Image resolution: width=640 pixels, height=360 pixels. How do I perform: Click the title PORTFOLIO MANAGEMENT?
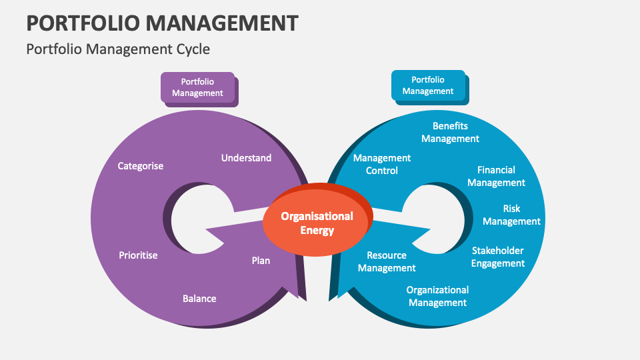tap(162, 23)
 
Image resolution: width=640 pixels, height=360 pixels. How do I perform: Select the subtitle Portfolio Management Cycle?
tap(118, 49)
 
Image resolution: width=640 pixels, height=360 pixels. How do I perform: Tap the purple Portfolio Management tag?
tap(197, 87)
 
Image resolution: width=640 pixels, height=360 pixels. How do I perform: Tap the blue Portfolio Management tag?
tap(428, 85)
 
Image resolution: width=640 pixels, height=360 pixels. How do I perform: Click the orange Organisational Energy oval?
tap(317, 223)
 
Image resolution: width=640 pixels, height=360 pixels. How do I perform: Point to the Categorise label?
tap(140, 166)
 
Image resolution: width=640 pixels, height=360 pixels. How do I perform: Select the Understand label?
tap(246, 158)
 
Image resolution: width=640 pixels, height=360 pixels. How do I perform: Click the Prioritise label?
tap(138, 255)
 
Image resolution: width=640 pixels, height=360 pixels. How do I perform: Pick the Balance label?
tap(199, 299)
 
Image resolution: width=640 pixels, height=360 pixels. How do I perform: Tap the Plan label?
tap(261, 261)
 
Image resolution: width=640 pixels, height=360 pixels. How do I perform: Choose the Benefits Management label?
tap(450, 132)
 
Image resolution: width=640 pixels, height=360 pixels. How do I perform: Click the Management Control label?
tap(382, 164)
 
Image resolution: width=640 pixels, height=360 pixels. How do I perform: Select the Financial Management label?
tap(496, 176)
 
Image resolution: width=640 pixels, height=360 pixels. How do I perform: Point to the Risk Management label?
tap(511, 215)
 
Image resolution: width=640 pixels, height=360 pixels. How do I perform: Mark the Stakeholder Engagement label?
tap(498, 257)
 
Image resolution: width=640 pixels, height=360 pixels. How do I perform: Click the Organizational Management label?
tap(437, 296)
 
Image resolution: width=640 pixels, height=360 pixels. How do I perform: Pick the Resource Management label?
tap(387, 261)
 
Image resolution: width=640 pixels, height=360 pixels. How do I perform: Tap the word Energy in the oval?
tap(317, 231)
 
